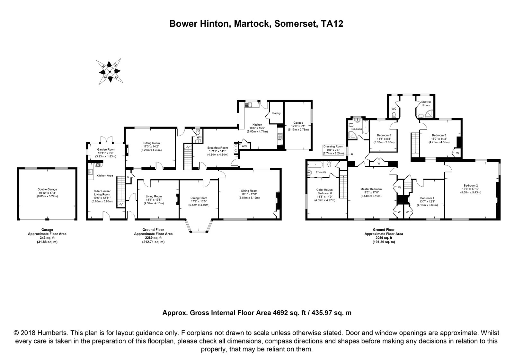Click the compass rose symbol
point(110,71)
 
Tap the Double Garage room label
point(47,189)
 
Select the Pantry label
point(277,113)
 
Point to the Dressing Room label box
point(333,150)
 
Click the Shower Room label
point(426,103)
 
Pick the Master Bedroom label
point(371,189)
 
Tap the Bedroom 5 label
point(384,135)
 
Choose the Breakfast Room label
point(218,148)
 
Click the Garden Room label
point(106,149)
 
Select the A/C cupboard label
point(244,146)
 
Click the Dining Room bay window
point(199,226)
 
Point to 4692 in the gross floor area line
point(280,313)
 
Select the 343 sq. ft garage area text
point(47,238)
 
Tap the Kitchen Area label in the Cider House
point(105,175)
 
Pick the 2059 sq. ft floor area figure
point(384,238)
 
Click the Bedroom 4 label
point(427,198)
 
